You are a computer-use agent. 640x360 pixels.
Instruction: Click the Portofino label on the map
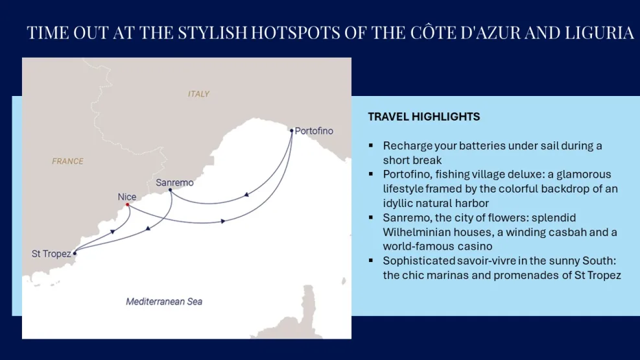314,131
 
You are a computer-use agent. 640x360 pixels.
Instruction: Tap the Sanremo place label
174,183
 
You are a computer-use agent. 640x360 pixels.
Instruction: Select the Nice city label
127,197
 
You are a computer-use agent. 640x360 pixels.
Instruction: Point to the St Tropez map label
51,254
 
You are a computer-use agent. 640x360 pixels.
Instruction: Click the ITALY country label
198,94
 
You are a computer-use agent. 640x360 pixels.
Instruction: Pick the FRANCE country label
67,161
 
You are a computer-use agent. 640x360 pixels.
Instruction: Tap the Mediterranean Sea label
164,302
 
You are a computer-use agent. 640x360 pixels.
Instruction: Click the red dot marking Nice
128,205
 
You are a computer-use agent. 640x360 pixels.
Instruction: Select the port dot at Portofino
292,130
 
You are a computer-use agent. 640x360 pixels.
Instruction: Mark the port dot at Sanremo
170,190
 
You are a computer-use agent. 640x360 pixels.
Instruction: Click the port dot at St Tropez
75,254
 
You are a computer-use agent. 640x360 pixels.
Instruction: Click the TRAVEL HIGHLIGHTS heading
423,117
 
